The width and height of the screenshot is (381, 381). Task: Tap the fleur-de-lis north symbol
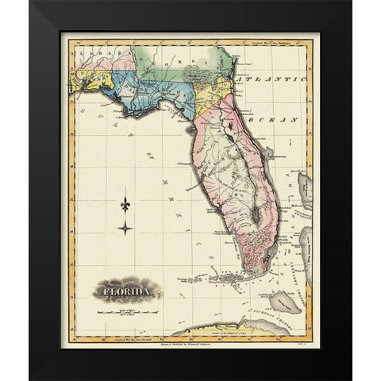(125, 205)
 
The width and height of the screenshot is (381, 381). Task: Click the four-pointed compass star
(125, 229)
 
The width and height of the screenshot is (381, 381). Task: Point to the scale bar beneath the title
(127, 312)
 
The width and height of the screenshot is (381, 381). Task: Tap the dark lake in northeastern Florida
(227, 126)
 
